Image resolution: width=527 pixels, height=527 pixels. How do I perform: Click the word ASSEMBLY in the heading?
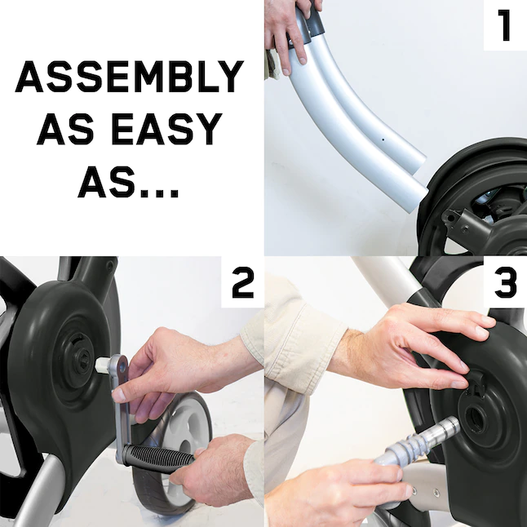[130, 77]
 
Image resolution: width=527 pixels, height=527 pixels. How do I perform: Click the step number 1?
[504, 25]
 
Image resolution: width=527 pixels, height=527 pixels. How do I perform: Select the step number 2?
[242, 282]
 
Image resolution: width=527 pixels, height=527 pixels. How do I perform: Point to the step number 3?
[505, 282]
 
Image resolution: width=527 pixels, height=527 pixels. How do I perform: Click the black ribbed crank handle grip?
[158, 458]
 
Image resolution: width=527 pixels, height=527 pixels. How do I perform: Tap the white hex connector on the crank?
[104, 365]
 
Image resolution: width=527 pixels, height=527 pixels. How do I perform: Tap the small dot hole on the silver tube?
[383, 139]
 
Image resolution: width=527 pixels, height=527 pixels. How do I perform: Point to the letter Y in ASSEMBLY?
[229, 77]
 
